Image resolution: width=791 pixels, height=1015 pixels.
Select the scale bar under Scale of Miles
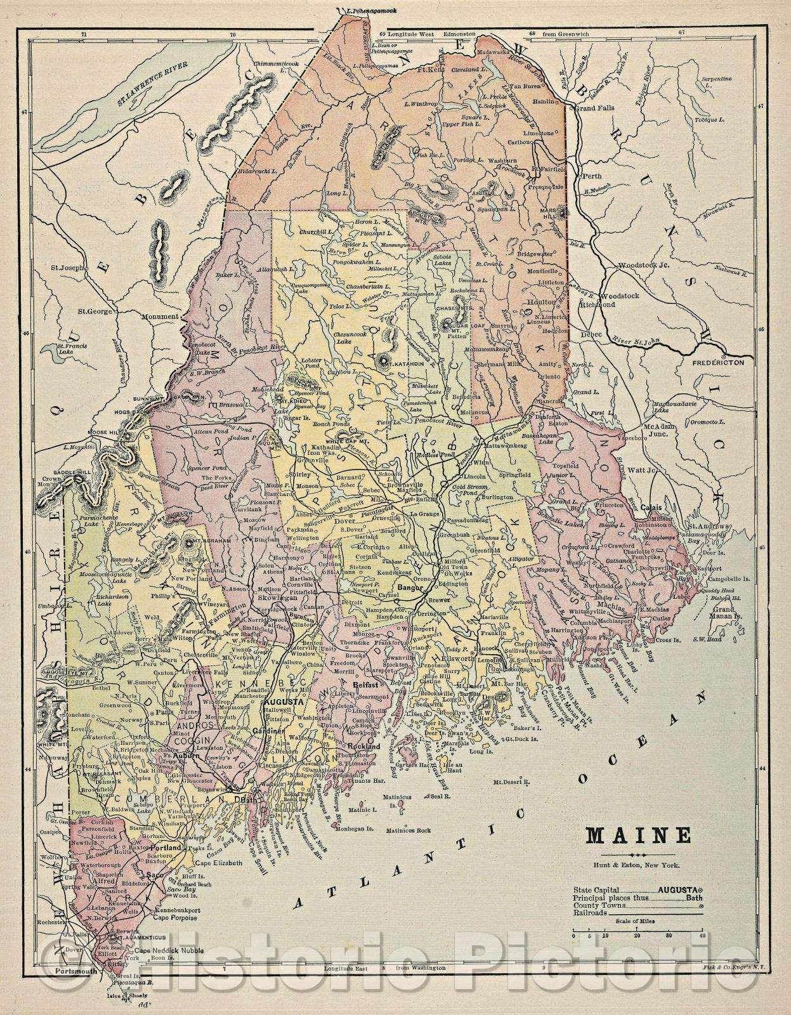coord(637,935)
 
